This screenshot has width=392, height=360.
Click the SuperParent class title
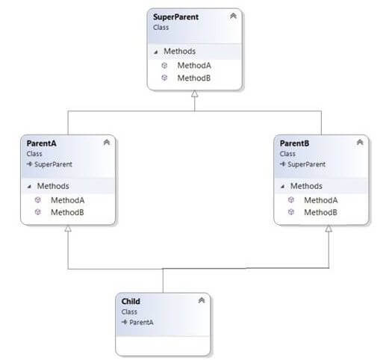tap(175, 17)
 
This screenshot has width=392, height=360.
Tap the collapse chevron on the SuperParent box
tap(233, 16)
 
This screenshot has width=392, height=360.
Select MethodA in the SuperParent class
tap(194, 66)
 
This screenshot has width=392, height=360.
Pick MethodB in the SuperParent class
tap(193, 78)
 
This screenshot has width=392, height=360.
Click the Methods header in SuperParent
tap(179, 52)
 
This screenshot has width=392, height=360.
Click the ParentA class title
tap(41, 143)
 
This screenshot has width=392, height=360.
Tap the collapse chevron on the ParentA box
tap(107, 142)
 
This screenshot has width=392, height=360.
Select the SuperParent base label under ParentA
tap(53, 164)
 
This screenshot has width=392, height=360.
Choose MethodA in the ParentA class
tap(67, 200)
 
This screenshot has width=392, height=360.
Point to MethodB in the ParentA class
tap(67, 213)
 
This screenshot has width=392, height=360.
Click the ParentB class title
tap(294, 143)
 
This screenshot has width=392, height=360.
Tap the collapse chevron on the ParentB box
tap(360, 142)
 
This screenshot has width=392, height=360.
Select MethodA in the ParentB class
tap(321, 200)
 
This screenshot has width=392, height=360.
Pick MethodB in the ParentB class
tap(320, 213)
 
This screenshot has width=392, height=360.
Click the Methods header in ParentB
tap(306, 186)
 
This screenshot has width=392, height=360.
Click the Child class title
tap(131, 302)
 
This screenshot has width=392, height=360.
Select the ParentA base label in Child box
tap(141, 322)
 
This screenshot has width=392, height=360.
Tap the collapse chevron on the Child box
tap(202, 300)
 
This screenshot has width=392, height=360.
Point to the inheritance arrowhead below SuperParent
tap(195, 94)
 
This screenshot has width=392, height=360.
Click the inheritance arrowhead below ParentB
tap(329, 229)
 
